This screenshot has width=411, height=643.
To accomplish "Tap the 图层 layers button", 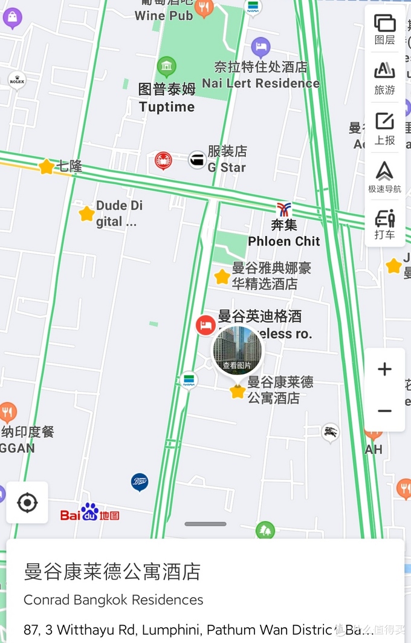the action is [384, 29].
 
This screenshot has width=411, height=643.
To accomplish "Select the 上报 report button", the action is [384, 128].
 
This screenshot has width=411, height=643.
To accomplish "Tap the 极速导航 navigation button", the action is [384, 177].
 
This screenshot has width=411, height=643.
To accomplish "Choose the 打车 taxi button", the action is [384, 223].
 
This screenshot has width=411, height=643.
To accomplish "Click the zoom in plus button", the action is [384, 370].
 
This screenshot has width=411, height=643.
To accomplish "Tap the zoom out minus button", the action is [384, 411].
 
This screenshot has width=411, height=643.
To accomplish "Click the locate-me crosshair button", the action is [27, 502].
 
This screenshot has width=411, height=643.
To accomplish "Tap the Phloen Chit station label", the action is [283, 233].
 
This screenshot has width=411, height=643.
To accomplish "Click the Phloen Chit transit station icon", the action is [283, 210].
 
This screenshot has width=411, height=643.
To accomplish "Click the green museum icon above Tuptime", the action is [166, 66].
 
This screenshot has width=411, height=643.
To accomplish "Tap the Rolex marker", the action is [17, 80].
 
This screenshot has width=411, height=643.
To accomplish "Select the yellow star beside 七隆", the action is [47, 166].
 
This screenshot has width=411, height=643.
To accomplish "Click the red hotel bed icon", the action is [205, 325].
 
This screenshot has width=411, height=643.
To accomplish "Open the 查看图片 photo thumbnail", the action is [238, 350].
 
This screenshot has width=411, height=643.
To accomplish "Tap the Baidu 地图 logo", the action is [89, 514].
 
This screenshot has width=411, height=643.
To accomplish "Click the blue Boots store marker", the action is [140, 482].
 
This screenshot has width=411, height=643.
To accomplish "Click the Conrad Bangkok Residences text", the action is [114, 600].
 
